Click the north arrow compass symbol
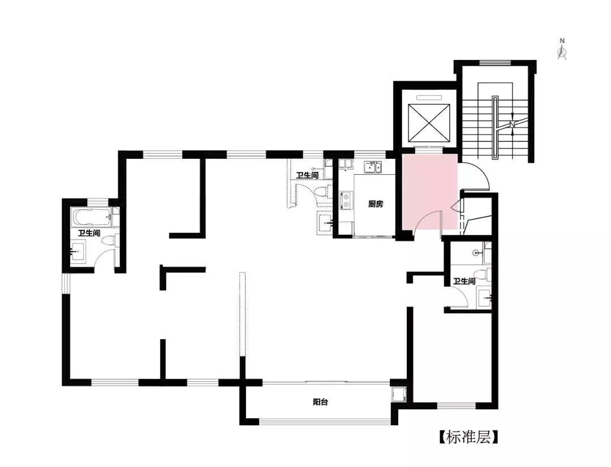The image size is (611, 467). click(562, 49)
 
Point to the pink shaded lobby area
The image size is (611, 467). click(429, 191)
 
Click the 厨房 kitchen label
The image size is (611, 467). click(376, 204)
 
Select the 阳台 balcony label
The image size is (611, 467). click(320, 402)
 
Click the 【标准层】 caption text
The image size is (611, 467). click(468, 437)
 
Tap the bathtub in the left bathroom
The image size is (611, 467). click(92, 217)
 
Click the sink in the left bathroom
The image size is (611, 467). click(78, 252)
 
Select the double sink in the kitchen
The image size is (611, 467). click(373, 167)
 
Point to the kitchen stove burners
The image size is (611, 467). click(346, 200)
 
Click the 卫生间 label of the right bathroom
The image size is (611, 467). click(464, 281)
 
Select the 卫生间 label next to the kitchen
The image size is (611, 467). click(307, 175)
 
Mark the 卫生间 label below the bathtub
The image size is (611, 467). click(89, 233)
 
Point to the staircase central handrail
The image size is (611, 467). click(495, 128)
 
